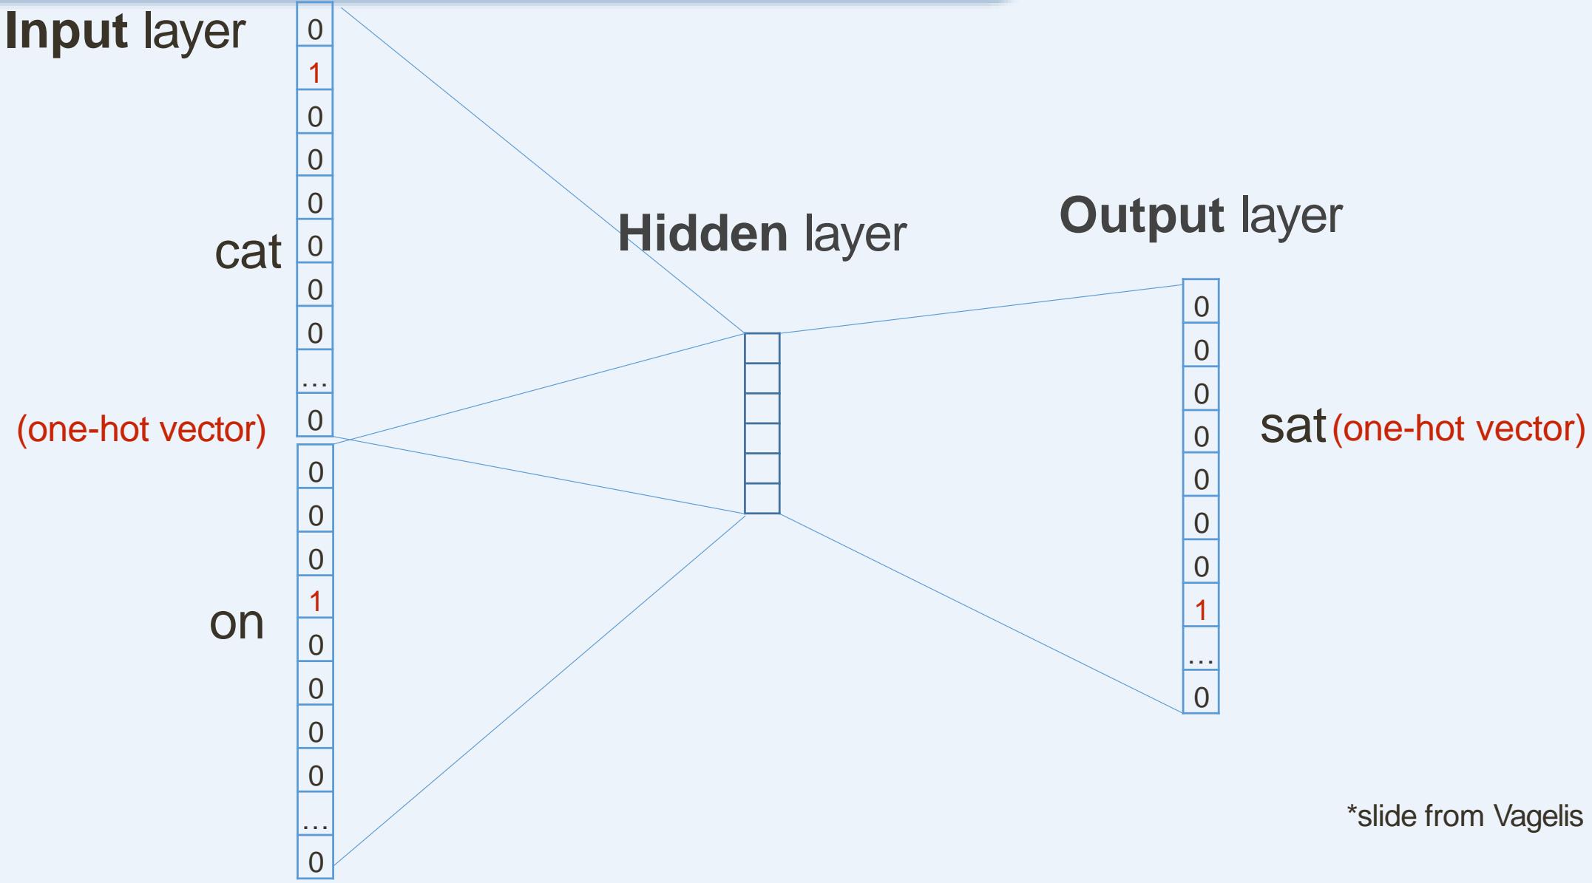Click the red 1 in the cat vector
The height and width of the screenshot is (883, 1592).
pyautogui.click(x=315, y=73)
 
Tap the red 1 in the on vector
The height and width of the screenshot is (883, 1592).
pyautogui.click(x=316, y=602)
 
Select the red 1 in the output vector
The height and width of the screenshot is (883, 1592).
pyautogui.click(x=1201, y=610)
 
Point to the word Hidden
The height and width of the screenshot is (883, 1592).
pyautogui.click(x=702, y=233)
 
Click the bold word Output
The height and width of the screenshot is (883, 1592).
pyautogui.click(x=1141, y=216)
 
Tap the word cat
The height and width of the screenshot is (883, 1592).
pyautogui.click(x=248, y=252)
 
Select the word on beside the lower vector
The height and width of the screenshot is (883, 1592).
pyautogui.click(x=237, y=622)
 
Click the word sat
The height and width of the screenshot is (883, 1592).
pyautogui.click(x=1293, y=426)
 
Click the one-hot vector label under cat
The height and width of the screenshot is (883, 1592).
pyautogui.click(x=141, y=429)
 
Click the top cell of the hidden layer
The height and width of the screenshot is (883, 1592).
pyautogui.click(x=762, y=348)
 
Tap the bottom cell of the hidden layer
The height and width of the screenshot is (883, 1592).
pyautogui.click(x=762, y=499)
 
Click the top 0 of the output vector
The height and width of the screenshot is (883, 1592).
pyautogui.click(x=1201, y=307)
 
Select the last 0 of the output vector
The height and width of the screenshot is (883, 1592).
pyautogui.click(x=1201, y=697)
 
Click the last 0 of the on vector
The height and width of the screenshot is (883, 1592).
pyautogui.click(x=316, y=862)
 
